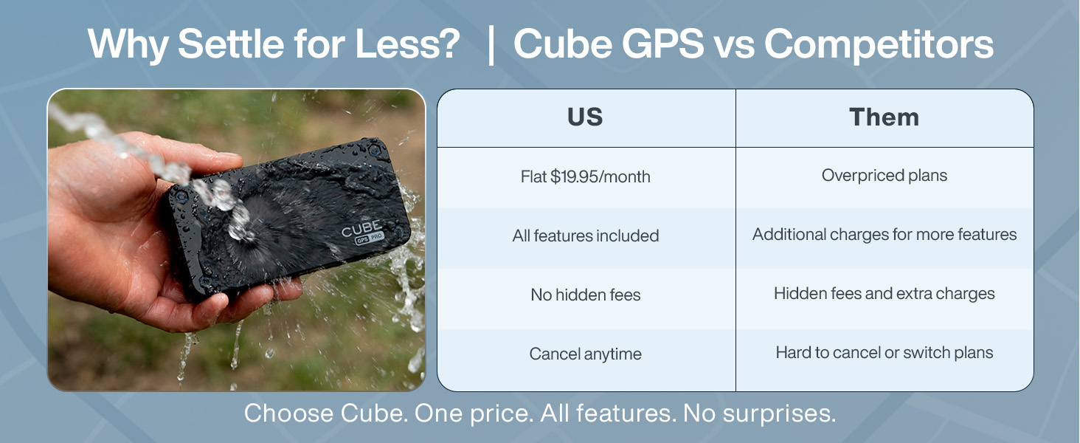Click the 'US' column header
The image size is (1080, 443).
pyautogui.click(x=586, y=118)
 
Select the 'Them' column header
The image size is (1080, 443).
pyautogui.click(x=884, y=118)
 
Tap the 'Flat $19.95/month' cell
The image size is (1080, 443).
pyautogui.click(x=586, y=177)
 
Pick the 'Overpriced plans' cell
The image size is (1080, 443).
pyautogui.click(x=884, y=176)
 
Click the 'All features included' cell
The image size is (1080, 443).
pyautogui.click(x=586, y=236)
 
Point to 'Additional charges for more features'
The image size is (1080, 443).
pyautogui.click(x=884, y=235)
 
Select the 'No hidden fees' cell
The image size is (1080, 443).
pyautogui.click(x=586, y=295)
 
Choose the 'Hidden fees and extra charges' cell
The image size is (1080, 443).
pyautogui.click(x=884, y=294)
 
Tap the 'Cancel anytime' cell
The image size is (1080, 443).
pyautogui.click(x=586, y=354)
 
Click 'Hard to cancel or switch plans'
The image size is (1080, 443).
pyautogui.click(x=884, y=353)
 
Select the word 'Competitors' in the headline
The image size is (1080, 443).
pyautogui.click(x=878, y=46)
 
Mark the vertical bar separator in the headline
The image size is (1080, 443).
pyautogui.click(x=491, y=46)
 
